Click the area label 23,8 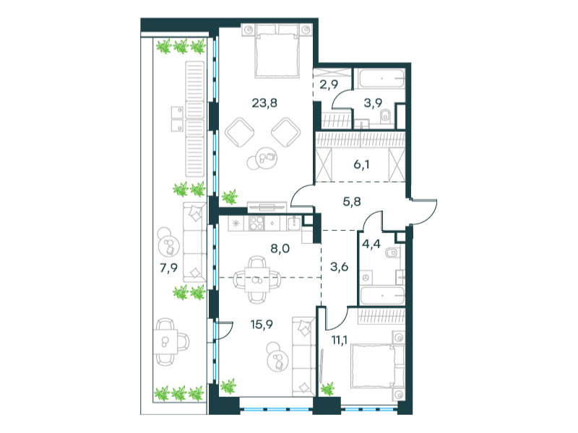click(264, 103)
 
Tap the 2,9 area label click(329, 84)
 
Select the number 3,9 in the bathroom click(373, 103)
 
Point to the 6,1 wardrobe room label click(361, 165)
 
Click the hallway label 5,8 click(352, 202)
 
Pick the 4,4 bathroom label click(371, 244)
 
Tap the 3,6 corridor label click(339, 266)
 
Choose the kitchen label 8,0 click(280, 248)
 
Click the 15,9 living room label click(262, 325)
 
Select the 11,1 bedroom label click(340, 340)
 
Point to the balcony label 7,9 click(168, 268)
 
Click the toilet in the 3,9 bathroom click(385, 116)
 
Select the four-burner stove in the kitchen click(256, 222)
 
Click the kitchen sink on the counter click(294, 222)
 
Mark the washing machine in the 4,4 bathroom click(366, 278)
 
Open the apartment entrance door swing click(424, 211)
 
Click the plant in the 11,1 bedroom click(327, 389)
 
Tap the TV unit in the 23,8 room click(267, 206)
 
